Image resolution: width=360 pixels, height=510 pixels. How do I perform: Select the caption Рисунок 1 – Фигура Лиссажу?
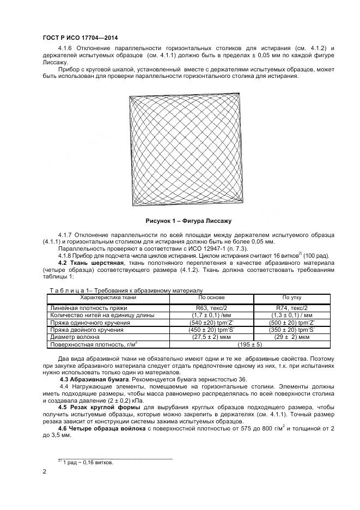(x=188, y=221)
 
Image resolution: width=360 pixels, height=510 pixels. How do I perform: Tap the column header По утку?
(x=291, y=297)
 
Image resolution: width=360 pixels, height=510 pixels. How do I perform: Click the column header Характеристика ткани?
(x=108, y=297)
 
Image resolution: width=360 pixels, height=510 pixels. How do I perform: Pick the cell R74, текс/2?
(x=291, y=308)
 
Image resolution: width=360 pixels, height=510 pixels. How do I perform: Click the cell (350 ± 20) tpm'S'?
(x=291, y=330)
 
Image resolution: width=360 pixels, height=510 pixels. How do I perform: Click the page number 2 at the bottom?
(x=44, y=472)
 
